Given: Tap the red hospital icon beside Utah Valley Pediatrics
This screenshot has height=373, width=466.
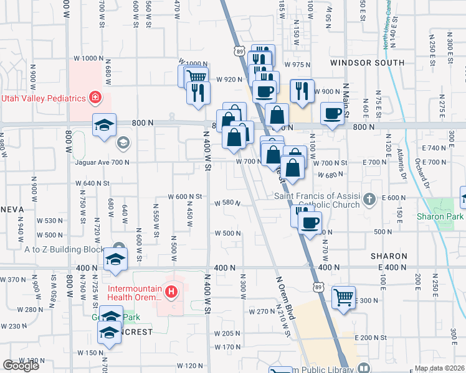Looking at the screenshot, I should click(x=95, y=97).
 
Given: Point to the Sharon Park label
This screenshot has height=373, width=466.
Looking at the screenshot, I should click(x=442, y=217).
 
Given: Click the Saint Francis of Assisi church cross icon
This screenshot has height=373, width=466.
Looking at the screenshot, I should click(x=369, y=200).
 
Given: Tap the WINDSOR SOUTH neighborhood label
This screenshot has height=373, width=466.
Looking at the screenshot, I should click(x=368, y=63).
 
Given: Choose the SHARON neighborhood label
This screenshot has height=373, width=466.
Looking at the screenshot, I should click(x=389, y=256).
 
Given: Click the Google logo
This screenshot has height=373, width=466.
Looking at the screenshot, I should click(x=21, y=366).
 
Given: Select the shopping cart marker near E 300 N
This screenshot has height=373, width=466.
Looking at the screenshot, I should click(x=343, y=298).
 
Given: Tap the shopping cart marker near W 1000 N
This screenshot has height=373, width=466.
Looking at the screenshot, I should click(x=196, y=77).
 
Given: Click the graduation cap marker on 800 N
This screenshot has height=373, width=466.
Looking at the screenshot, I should click(x=105, y=125).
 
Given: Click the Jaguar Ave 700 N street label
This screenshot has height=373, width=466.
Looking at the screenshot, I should click(x=93, y=162).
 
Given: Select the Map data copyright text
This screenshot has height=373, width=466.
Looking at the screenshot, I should click(x=439, y=368).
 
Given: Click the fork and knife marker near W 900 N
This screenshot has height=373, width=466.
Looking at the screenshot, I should click(x=302, y=91).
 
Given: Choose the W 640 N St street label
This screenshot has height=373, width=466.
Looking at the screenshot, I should click(x=93, y=183).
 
